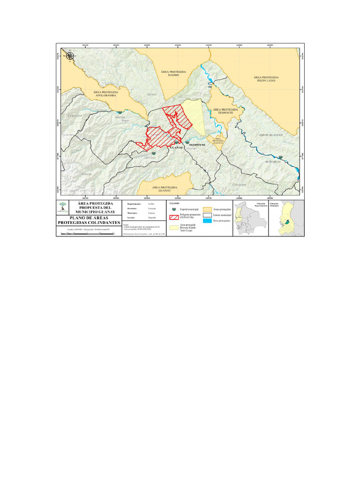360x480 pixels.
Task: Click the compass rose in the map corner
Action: tap(70, 56)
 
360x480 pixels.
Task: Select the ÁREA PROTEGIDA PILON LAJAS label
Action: tap(266, 79)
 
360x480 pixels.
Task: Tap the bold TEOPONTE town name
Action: tap(197, 145)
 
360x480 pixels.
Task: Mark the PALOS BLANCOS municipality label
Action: tap(271, 135)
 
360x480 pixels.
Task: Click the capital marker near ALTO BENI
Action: tap(281, 157)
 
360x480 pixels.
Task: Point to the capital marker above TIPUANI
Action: tap(154, 152)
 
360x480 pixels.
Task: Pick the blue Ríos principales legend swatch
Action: tap(207, 220)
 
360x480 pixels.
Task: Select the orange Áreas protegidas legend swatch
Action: tap(207, 208)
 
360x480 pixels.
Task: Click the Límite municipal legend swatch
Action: tap(207, 214)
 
